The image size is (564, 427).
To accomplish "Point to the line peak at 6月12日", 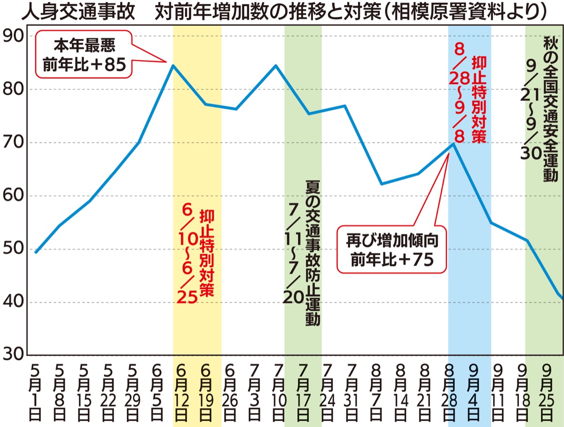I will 173,65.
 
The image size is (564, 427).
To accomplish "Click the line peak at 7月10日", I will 275,65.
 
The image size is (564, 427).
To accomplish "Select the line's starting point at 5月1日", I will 35,252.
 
